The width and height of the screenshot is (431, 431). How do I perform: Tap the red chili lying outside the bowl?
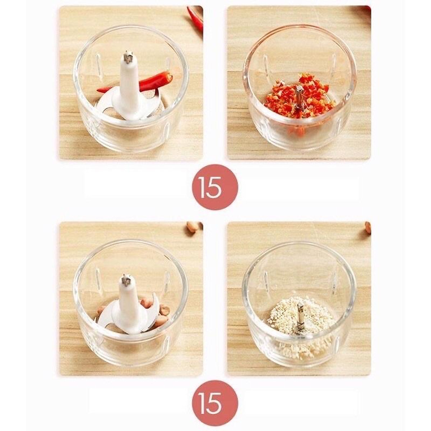pos(196,18)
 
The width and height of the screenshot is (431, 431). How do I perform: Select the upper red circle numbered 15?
pos(214,187)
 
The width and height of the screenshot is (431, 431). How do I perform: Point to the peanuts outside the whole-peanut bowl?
pos(194,228)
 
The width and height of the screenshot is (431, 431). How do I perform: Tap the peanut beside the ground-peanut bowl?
pos(368,228)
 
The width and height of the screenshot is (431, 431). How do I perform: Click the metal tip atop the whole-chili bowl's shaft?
pos(128,57)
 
